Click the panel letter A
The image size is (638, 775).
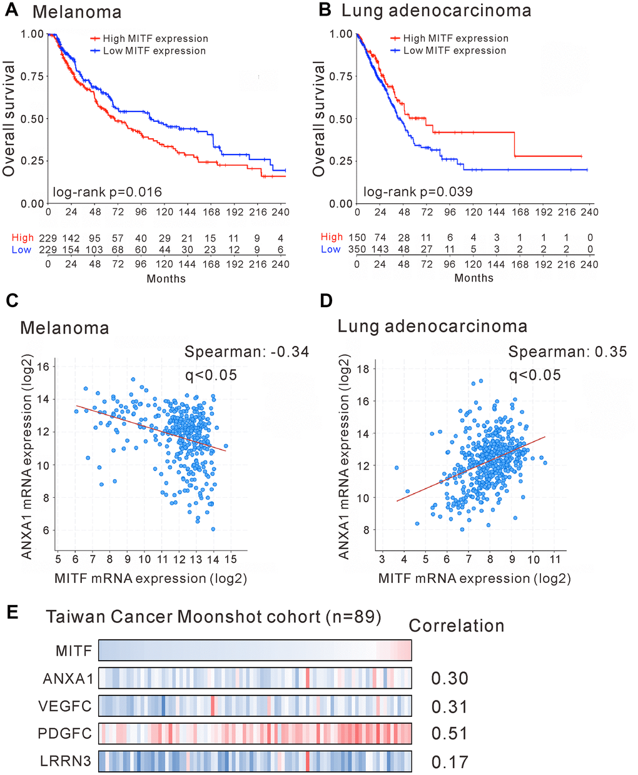click(x=12, y=11)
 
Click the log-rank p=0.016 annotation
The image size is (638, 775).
click(x=107, y=192)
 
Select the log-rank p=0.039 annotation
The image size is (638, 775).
click(x=418, y=191)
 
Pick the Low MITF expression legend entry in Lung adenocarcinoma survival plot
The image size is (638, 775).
click(x=454, y=51)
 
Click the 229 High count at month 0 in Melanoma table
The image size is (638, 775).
click(x=48, y=238)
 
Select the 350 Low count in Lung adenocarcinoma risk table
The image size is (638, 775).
click(x=357, y=249)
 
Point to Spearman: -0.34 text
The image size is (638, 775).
click(x=246, y=352)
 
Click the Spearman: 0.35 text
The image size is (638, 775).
click(x=567, y=352)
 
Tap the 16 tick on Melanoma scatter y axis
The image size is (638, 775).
click(x=44, y=367)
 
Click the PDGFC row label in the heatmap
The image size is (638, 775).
click(x=64, y=734)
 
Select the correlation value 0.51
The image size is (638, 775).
click(x=450, y=734)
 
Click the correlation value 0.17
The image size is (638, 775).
click(x=450, y=762)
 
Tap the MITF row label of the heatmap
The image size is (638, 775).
click(x=74, y=651)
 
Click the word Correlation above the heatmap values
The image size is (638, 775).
click(x=457, y=626)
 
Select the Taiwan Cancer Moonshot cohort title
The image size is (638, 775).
click(x=213, y=617)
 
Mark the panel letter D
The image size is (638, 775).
click(x=326, y=301)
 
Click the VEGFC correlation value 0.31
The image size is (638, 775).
click(x=450, y=707)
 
